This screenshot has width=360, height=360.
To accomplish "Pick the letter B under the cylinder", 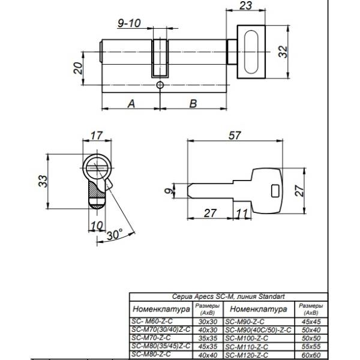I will (x=193, y=103).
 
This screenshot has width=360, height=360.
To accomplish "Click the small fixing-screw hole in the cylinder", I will (x=160, y=86).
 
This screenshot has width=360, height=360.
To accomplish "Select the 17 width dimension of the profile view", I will (x=97, y=136).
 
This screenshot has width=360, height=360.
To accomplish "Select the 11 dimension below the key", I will (x=241, y=213).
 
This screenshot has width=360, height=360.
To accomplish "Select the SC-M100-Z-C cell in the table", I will (x=247, y=338).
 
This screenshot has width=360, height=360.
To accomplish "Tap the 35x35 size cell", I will (x=208, y=338).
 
